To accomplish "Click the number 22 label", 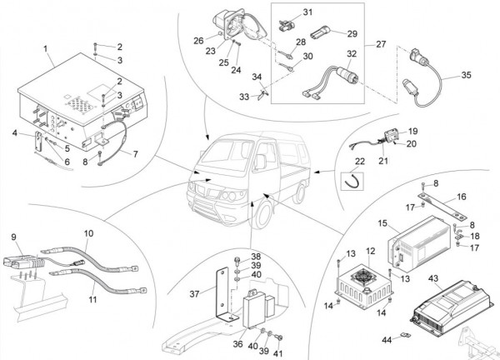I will pyautogui.click(x=360, y=161).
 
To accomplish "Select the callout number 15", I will pyautogui.click(x=382, y=223).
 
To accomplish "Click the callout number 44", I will pyautogui.click(x=387, y=339).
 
